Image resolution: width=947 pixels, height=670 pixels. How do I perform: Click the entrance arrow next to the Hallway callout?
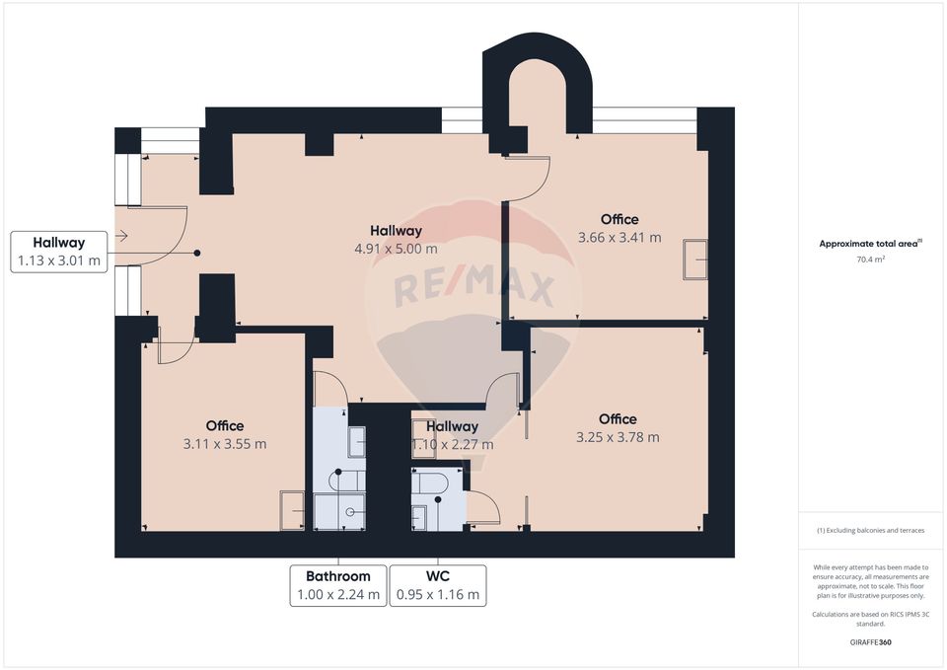(x=120, y=236)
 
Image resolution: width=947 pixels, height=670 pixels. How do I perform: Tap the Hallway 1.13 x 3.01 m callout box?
(x=58, y=252)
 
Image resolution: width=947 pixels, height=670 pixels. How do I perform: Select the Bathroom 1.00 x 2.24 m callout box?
(x=337, y=585)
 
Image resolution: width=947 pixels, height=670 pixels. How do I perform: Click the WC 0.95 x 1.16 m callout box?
(x=438, y=585)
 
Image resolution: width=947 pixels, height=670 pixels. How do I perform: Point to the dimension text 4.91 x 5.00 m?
(x=397, y=250)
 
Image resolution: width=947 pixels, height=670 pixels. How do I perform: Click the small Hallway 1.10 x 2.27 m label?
(x=453, y=435)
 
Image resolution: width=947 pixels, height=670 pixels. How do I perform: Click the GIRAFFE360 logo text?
(x=871, y=642)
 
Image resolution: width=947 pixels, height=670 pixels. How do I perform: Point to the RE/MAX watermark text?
(x=473, y=289)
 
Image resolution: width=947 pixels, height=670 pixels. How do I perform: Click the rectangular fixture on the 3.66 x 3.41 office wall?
(x=696, y=260)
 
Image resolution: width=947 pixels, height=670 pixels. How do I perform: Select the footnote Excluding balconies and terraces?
(x=871, y=531)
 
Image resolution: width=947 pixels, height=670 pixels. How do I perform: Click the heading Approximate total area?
(x=869, y=243)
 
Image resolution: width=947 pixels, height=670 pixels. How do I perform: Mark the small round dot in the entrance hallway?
(x=197, y=254)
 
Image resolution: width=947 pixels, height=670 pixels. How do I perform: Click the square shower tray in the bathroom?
(x=338, y=511)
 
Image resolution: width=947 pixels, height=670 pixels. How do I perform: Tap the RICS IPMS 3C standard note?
(x=871, y=619)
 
